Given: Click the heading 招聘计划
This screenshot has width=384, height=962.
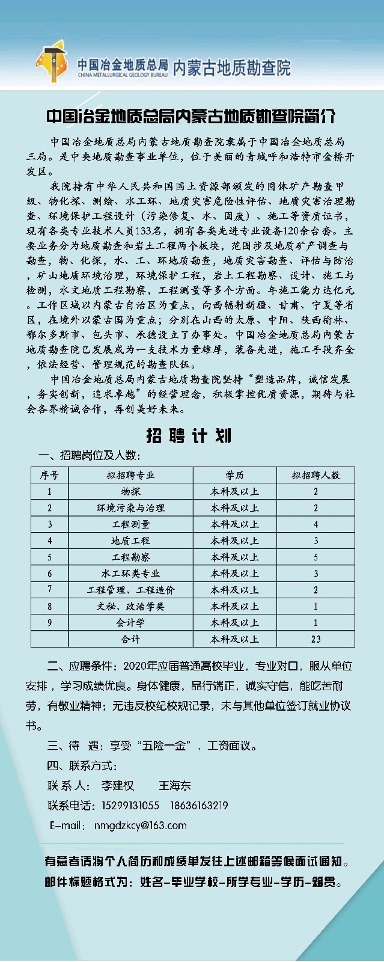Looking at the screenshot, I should click(x=189, y=436).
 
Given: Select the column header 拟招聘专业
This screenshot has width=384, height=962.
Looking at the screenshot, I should click(x=130, y=475).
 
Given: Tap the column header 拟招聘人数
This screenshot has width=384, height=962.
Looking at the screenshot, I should click(x=315, y=475).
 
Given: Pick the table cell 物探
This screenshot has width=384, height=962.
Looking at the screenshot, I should click(x=130, y=491).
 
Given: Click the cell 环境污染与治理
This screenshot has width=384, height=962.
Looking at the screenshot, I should click(x=130, y=508).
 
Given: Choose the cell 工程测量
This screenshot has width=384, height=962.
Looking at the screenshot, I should click(x=130, y=524).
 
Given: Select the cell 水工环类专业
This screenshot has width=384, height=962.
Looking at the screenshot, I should click(x=130, y=574).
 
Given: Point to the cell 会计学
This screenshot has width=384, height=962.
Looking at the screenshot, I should click(x=130, y=623).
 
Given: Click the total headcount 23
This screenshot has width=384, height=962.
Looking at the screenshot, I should click(x=315, y=639).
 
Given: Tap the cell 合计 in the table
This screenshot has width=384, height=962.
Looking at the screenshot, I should click(x=130, y=639).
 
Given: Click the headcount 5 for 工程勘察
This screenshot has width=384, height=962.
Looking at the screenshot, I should click(x=315, y=557).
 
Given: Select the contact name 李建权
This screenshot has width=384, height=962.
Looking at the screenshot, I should click(x=118, y=786).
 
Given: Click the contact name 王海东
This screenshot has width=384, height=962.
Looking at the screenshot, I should click(x=175, y=786).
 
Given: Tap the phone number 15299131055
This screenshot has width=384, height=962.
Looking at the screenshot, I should click(x=131, y=806).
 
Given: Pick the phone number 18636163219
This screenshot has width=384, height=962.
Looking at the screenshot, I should click(x=199, y=806).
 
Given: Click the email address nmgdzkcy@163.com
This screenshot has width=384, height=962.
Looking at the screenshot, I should click(x=141, y=826).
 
